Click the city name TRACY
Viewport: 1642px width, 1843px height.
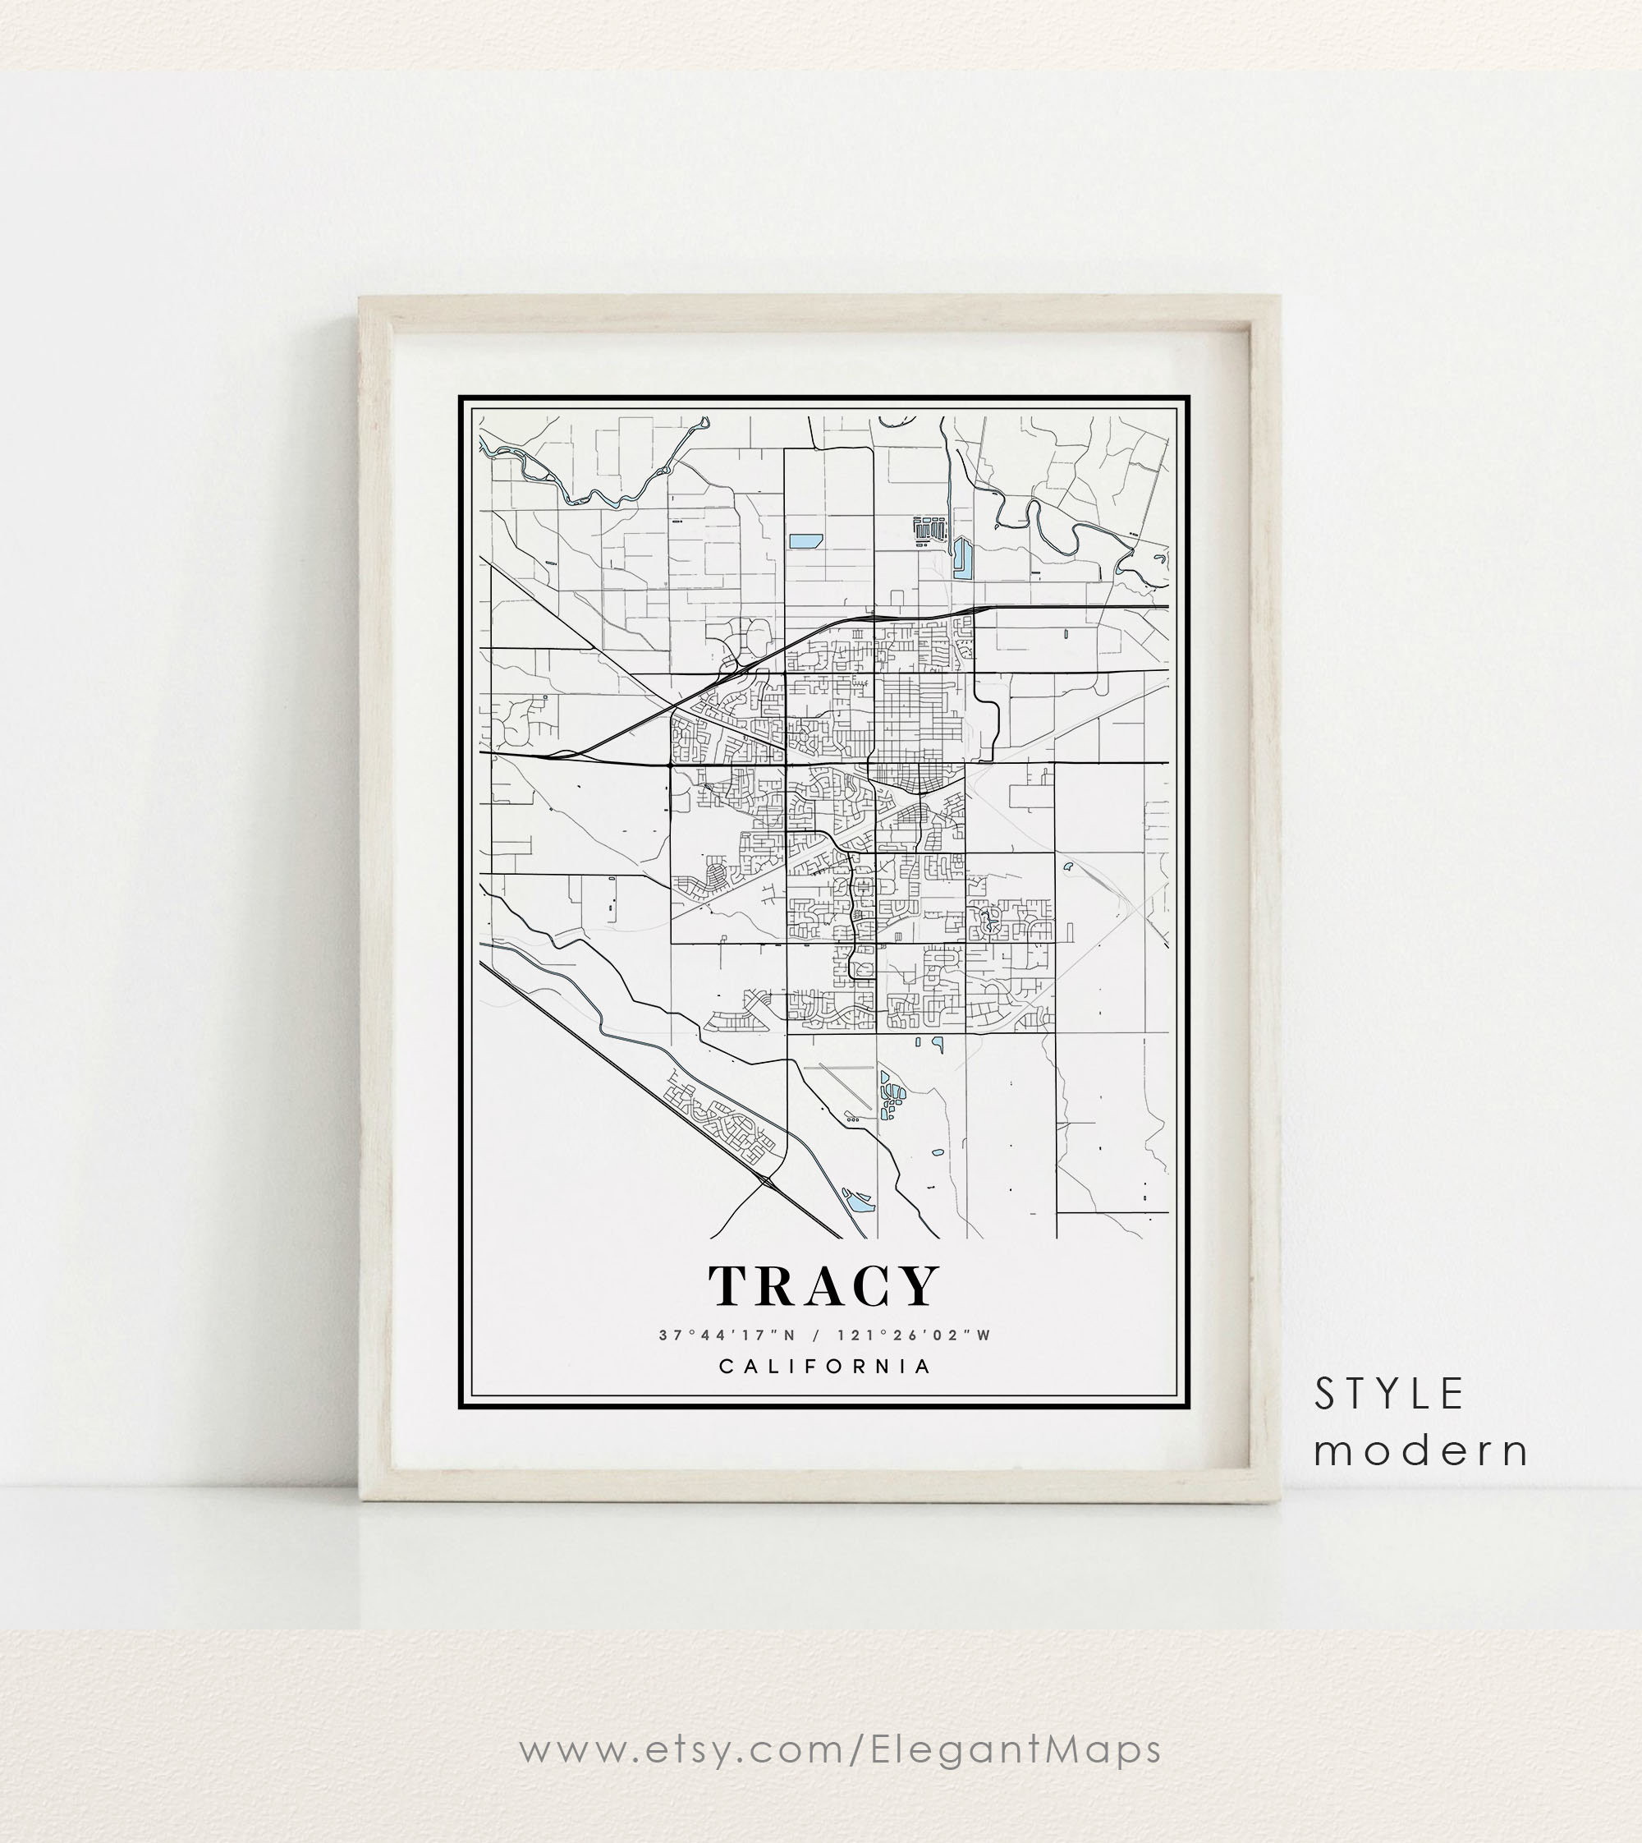tap(823, 1286)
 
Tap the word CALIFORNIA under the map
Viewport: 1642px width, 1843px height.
tap(824, 1366)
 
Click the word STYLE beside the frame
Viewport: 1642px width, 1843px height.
tap(1388, 1395)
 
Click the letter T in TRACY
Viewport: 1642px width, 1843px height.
tap(730, 1286)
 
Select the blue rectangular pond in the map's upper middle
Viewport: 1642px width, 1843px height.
tap(805, 541)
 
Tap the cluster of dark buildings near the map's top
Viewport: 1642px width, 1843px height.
tap(929, 529)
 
